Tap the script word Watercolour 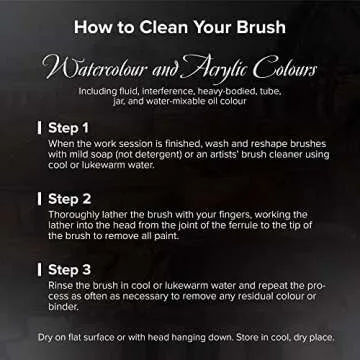[93, 69]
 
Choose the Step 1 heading [68, 128]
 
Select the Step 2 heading [69, 199]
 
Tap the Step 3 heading [69, 270]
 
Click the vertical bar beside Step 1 [40, 128]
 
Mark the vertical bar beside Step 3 [40, 270]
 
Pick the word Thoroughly [69, 215]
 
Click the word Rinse [59, 286]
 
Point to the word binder [63, 307]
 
